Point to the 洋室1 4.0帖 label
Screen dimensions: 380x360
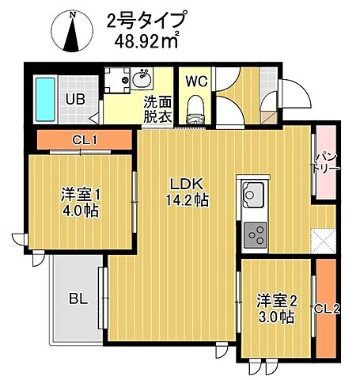point(80,202)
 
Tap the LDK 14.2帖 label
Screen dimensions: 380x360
point(187,192)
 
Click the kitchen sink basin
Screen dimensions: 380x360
point(253,193)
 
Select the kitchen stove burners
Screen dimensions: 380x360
point(256,233)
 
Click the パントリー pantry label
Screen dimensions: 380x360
point(325,165)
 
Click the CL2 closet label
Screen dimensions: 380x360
point(326,309)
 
